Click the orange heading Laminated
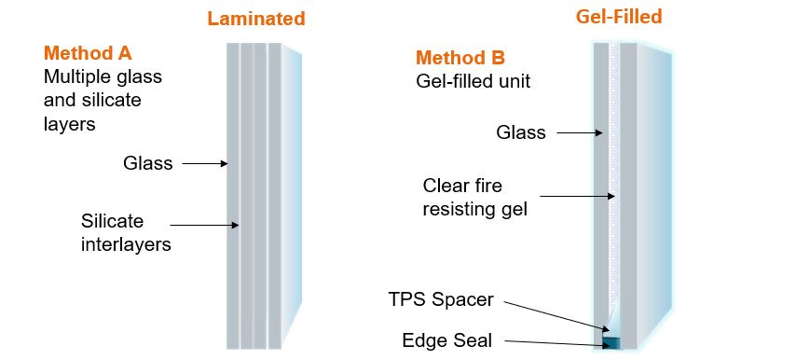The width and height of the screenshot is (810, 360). click(256, 19)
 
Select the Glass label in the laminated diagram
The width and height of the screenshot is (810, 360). click(148, 163)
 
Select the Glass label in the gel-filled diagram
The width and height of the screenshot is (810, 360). click(520, 132)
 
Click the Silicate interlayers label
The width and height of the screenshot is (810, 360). click(126, 233)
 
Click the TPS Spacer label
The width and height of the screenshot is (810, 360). click(441, 300)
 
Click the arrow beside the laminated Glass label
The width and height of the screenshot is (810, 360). click(205, 164)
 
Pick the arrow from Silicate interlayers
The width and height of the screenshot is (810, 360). click(206, 224)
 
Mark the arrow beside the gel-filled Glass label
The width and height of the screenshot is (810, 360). click(578, 133)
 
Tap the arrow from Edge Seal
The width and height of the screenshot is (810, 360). click(550, 343)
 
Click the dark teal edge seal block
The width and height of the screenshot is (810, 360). click(611, 343)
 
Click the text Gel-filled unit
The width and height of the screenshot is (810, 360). click(473, 81)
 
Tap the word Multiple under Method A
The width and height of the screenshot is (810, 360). click(75, 76)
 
